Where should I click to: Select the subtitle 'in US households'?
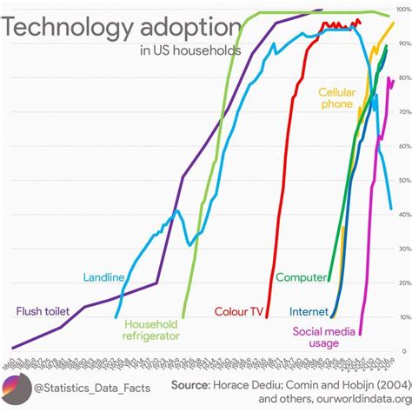(190, 50)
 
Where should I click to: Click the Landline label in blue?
(103, 277)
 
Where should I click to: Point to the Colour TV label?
(241, 310)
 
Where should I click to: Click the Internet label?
(309, 310)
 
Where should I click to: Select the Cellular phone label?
(336, 97)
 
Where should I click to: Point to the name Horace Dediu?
(254, 384)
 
